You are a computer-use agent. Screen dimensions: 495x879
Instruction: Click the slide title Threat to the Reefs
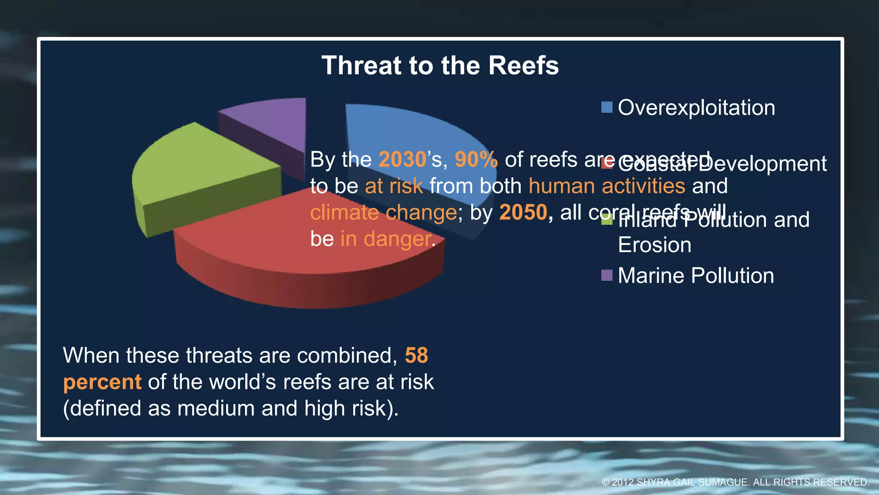coord(440,66)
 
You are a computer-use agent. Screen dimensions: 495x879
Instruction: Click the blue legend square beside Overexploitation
coord(606,107)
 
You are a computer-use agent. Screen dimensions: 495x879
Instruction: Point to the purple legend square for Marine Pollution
coord(606,275)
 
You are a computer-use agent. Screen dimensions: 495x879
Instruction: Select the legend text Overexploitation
coord(696,107)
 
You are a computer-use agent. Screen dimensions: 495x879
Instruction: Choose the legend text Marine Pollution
coord(696,275)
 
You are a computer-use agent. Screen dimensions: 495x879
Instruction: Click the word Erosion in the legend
coord(655,245)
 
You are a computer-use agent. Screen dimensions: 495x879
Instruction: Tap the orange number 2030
coord(402,159)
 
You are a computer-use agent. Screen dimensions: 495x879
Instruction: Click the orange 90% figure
coord(476,159)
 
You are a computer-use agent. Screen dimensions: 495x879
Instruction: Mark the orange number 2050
coord(523,212)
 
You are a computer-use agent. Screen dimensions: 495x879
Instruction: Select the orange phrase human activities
coord(606,186)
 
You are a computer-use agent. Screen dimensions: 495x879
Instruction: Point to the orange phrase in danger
coord(386,239)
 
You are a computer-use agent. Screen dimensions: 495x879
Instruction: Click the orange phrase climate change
coord(383,212)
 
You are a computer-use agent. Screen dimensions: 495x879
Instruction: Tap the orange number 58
coord(416,355)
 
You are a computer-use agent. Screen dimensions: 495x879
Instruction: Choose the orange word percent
coord(102,382)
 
